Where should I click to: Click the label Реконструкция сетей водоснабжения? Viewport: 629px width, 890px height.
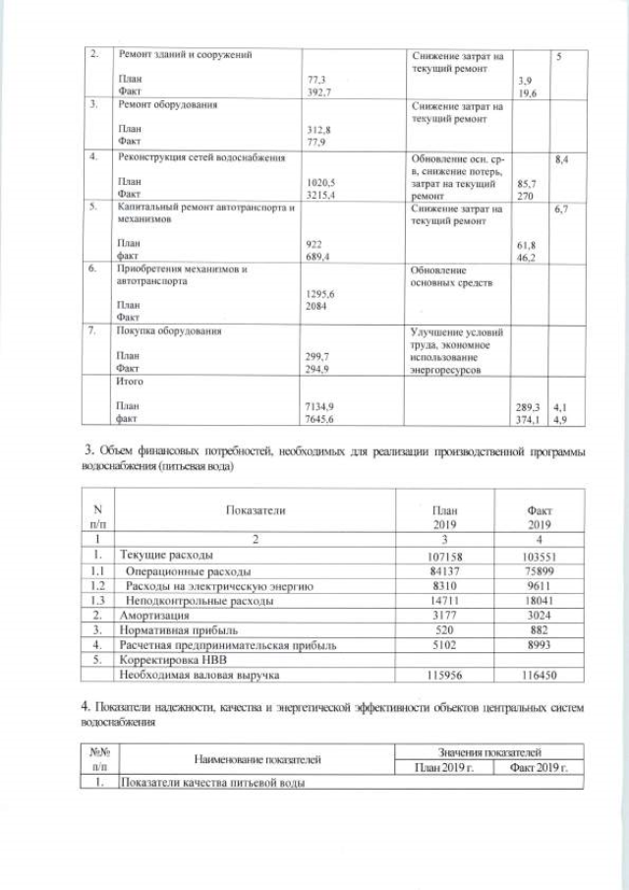click(x=201, y=157)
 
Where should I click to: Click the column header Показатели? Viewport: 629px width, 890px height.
click(x=256, y=512)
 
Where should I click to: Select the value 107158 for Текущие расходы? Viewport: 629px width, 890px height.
click(x=445, y=557)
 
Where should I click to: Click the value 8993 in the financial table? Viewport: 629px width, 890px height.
click(x=540, y=645)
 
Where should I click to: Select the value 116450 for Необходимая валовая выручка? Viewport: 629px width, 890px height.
click(x=540, y=676)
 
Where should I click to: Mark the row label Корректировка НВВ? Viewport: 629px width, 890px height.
click(x=168, y=660)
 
